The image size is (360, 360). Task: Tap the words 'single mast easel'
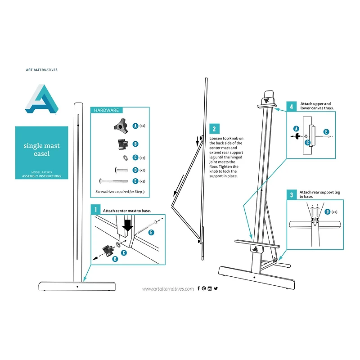point(41,149)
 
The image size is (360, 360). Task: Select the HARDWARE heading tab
point(106,110)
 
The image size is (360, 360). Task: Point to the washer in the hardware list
point(123,157)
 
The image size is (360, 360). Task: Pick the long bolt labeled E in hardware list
point(116,181)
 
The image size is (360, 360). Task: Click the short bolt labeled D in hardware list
point(121,170)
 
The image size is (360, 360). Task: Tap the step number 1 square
point(95,210)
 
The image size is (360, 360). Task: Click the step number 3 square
point(292,195)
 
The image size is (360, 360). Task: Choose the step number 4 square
point(292,106)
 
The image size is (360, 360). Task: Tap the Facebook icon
point(198,288)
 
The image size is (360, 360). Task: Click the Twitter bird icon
point(216,288)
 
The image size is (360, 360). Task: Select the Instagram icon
point(210,288)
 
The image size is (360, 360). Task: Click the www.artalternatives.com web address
point(168,289)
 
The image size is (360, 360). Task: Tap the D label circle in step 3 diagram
point(327,211)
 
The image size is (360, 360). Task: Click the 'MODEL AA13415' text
point(41,172)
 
